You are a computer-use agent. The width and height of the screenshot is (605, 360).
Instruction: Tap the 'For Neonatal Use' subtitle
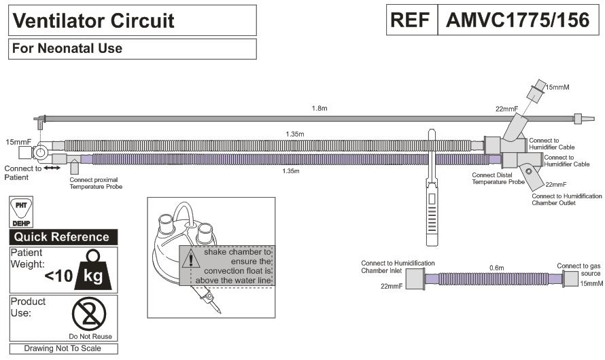coord(67,48)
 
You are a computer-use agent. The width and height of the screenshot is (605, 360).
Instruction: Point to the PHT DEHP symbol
coord(21,211)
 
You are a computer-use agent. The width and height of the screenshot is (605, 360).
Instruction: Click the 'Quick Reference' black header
coord(62,237)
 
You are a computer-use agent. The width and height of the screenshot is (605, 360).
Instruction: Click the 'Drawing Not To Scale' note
coord(62,348)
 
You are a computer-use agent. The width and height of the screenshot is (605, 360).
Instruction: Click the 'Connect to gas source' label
coord(578,270)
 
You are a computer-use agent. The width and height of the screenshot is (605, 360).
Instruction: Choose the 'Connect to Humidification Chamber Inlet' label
coord(398,267)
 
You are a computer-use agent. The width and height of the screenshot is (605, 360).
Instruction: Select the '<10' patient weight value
coord(59,276)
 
